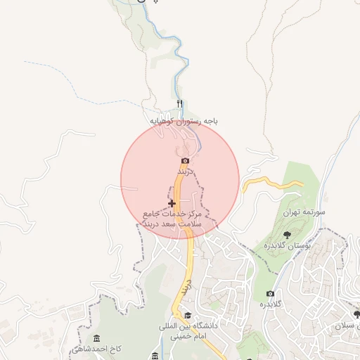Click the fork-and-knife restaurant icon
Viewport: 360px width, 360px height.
click(x=179, y=105)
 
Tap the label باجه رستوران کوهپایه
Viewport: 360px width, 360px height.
click(x=180, y=121)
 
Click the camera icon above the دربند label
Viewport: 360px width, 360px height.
click(x=185, y=161)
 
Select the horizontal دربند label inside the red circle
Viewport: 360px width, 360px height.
click(x=185, y=172)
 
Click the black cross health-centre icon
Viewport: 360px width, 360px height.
click(x=172, y=203)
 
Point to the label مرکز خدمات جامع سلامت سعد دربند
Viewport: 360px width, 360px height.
click(x=172, y=217)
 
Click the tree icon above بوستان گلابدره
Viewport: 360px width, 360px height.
click(x=287, y=234)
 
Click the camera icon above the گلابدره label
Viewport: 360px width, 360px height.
click(x=271, y=293)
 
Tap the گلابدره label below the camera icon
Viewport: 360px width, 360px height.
click(x=271, y=304)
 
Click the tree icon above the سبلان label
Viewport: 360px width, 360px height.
click(x=356, y=315)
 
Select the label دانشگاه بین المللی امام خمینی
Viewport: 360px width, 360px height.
click(x=188, y=331)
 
